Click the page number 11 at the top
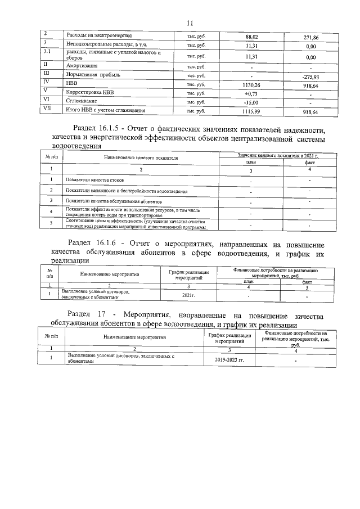point(189,22)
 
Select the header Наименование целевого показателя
point(141,159)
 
